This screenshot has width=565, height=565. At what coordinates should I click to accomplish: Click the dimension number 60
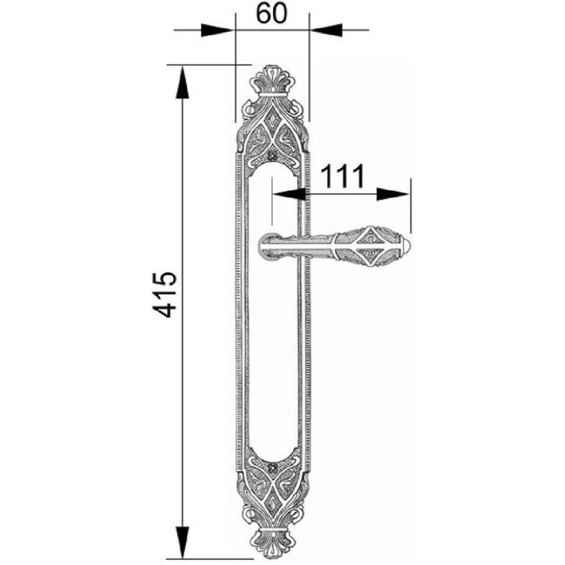[272, 14]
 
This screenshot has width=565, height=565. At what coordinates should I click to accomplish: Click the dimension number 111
[343, 176]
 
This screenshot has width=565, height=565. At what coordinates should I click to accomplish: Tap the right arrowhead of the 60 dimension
[326, 30]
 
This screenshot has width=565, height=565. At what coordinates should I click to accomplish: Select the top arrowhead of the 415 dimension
[182, 82]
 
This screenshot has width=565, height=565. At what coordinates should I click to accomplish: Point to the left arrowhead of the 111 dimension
[289, 194]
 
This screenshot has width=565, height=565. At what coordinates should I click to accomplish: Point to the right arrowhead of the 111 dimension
[393, 194]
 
